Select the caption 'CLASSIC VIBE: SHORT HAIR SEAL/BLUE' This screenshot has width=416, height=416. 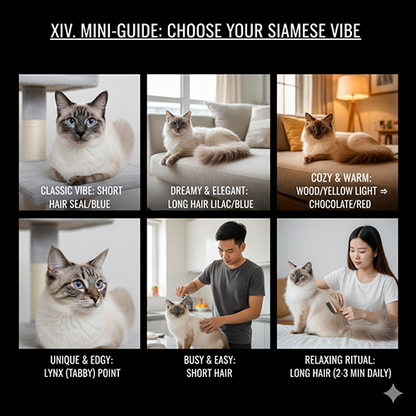[80, 196]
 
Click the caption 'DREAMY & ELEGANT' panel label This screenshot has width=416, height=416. [208, 191]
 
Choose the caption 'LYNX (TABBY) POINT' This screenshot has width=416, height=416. [80, 372]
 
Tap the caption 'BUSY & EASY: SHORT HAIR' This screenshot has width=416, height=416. [208, 366]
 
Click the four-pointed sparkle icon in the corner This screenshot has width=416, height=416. [393, 393]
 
